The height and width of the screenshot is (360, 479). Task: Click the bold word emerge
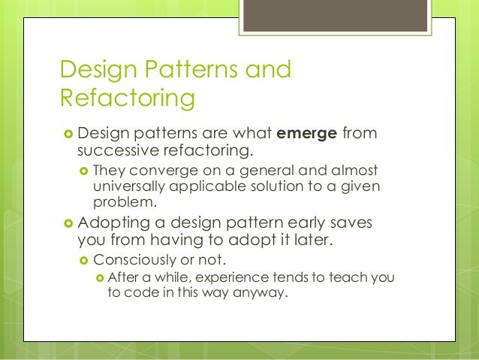pyautogui.click(x=307, y=135)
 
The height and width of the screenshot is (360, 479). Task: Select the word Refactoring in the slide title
pyautogui.click(x=128, y=99)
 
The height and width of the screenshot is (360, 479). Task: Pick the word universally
pyautogui.click(x=132, y=186)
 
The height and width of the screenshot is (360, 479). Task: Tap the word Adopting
pyautogui.click(x=113, y=225)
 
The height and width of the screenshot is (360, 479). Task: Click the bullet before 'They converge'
pyautogui.click(x=84, y=171)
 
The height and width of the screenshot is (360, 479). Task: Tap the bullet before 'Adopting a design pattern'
pyautogui.click(x=67, y=225)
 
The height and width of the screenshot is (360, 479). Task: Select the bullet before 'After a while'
pyautogui.click(x=99, y=278)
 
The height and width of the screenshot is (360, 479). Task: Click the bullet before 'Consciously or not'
pyautogui.click(x=84, y=261)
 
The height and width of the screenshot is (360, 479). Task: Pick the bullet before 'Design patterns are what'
pyautogui.click(x=67, y=135)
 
